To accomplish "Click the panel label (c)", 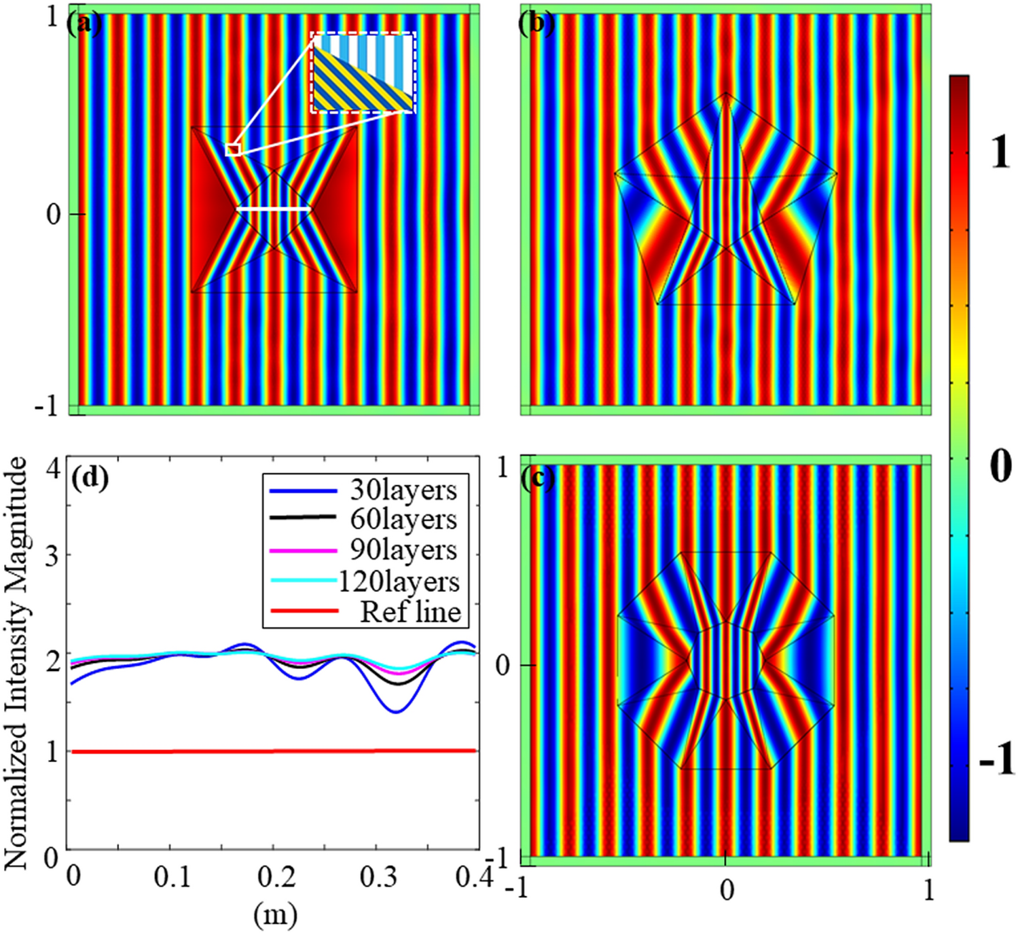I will [x=537, y=479].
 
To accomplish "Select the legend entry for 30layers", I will [x=403, y=490].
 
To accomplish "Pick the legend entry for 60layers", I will [x=403, y=520].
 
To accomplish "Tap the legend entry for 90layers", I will [x=403, y=550].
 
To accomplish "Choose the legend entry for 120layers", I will [x=399, y=581].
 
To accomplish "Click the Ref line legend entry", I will [x=410, y=611].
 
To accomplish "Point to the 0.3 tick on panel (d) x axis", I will [x=378, y=878].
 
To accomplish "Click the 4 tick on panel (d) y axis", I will [x=52, y=469].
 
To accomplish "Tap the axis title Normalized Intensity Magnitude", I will [x=16, y=662].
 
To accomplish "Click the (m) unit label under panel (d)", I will [x=275, y=915].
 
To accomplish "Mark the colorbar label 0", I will [x=1000, y=467].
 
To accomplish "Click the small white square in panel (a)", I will [x=233, y=150].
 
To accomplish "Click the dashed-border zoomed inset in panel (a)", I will [x=363, y=72].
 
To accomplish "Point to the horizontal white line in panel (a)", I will [x=274, y=210].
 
